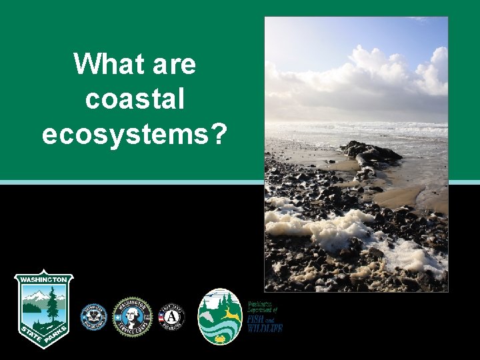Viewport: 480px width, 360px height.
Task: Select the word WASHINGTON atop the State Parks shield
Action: pos(44,279)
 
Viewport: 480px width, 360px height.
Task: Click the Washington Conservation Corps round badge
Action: pos(94,316)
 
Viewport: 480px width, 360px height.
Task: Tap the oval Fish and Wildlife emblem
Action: pos(220,316)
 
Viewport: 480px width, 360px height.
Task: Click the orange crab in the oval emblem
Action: pos(220,338)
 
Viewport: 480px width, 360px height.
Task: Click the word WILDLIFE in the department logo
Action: pos(266,327)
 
